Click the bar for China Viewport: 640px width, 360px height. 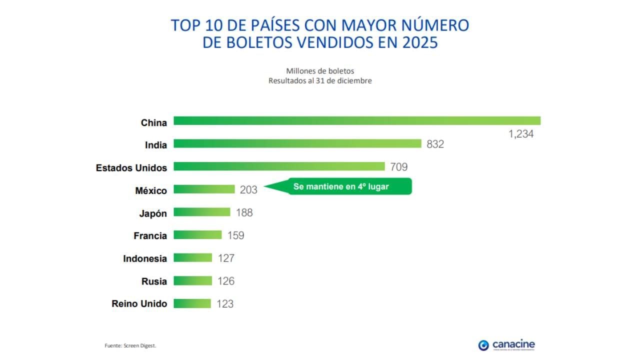click(x=357, y=121)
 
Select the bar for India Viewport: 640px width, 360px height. click(x=297, y=143)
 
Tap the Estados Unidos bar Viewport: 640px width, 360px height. click(x=279, y=166)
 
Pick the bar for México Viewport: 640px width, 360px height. click(x=204, y=189)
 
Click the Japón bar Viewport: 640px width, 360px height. click(x=202, y=212)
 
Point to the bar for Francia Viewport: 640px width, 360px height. click(x=197, y=235)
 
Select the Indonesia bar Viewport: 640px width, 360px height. click(x=192, y=258)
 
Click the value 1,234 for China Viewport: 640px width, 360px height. click(x=521, y=134)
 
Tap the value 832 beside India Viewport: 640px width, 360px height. click(x=435, y=144)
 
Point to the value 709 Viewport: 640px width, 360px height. click(x=398, y=167)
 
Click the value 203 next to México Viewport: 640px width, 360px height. click(x=248, y=190)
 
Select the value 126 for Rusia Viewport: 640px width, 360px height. click(x=225, y=281)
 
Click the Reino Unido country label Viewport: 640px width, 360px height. click(x=139, y=303)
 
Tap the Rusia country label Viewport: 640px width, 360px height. click(x=154, y=281)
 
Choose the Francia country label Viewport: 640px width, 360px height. click(x=150, y=235)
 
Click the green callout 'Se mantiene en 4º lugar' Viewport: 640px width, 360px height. click(x=341, y=186)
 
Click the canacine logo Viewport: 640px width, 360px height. click(x=506, y=345)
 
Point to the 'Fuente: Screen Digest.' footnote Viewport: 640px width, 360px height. click(x=127, y=345)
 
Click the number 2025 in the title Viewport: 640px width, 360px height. click(x=420, y=42)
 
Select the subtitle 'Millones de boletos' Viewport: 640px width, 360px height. click(x=320, y=71)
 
